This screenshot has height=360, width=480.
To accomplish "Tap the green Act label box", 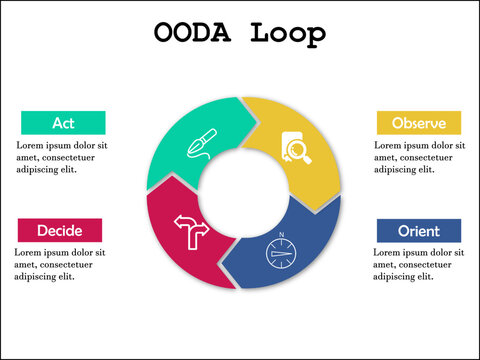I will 63,123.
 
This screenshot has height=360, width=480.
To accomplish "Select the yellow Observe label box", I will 418,123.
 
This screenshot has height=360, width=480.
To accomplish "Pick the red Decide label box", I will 59,230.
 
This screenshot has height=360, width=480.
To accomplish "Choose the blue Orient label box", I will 418,231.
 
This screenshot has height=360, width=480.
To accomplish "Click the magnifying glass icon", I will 298,150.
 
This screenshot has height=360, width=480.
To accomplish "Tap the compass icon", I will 281,252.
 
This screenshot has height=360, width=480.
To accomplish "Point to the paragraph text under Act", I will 61,157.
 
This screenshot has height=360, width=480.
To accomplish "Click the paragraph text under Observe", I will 419,157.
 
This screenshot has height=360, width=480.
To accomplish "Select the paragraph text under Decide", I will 60,264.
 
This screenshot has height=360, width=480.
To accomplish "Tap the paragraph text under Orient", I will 419,264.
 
